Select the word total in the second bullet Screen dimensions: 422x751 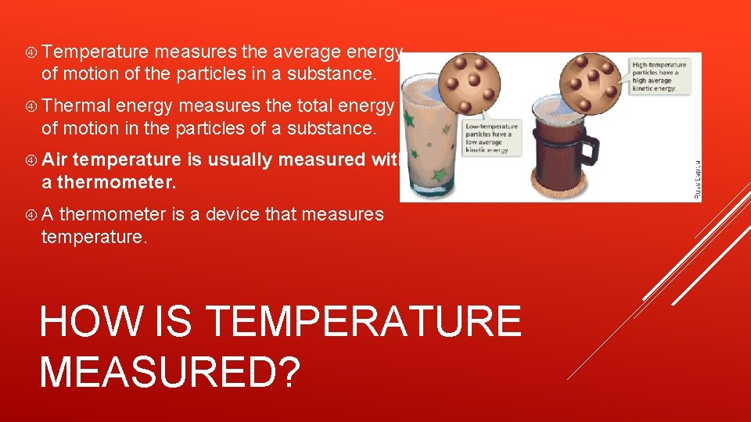317,105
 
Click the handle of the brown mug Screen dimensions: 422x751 588,156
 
